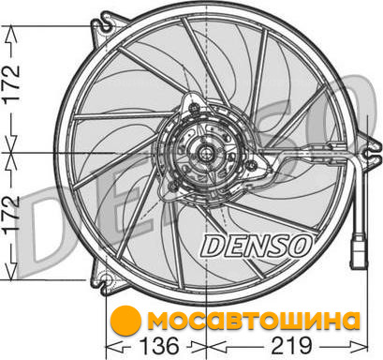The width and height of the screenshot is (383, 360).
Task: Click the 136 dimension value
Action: point(159,346)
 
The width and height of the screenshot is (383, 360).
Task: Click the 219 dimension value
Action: point(292,346)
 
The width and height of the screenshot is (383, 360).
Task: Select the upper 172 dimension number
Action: point(12,83)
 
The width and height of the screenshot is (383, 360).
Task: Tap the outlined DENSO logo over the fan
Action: point(257,246)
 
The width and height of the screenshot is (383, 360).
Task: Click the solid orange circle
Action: point(125,321)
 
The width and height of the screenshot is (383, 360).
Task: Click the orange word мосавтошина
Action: point(254,321)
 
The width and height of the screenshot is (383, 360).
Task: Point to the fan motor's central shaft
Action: point(206,153)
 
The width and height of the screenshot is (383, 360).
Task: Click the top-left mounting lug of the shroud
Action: point(106,26)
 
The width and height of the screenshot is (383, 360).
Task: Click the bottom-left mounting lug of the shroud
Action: point(106,279)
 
